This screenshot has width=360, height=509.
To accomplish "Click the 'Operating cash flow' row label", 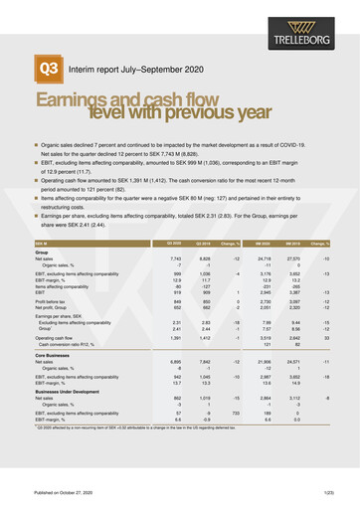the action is click(55, 339).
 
